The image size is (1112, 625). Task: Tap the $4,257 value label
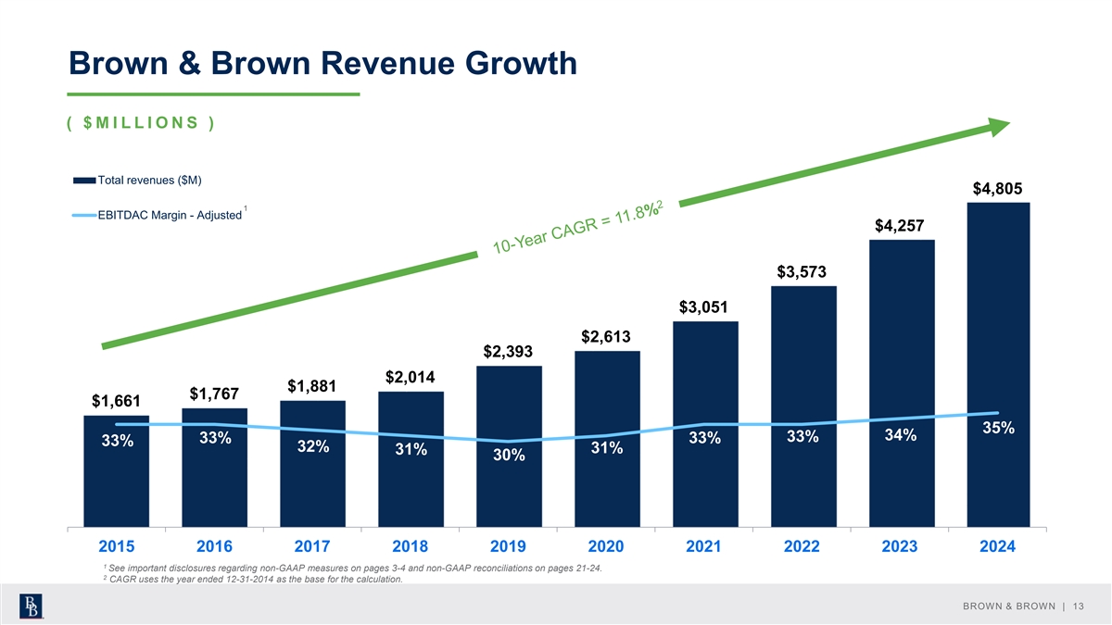click(901, 226)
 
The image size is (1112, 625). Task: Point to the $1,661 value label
click(116, 401)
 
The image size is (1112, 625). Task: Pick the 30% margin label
click(509, 456)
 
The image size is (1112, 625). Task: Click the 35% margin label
click(999, 428)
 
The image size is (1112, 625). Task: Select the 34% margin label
click(901, 435)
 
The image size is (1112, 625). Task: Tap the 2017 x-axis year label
click(312, 547)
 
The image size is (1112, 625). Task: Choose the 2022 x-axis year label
click(802, 547)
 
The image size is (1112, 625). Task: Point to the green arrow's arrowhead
click(998, 128)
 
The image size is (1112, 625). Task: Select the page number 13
click(1078, 606)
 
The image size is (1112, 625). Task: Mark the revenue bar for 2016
click(214, 468)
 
